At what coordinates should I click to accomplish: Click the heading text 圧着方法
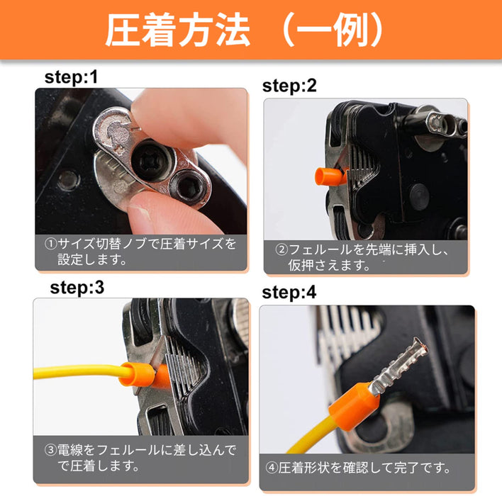178,30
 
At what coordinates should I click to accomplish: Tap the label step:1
71,77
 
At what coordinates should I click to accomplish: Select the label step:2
289,86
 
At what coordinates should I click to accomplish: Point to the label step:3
77,287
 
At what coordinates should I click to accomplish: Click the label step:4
289,292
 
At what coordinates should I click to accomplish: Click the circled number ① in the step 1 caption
50,244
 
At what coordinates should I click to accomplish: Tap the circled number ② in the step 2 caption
281,249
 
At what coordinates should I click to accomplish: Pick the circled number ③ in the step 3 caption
50,450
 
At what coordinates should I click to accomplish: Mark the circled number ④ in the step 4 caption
272,468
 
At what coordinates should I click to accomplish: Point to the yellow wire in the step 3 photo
79,371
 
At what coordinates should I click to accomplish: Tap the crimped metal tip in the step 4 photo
398,366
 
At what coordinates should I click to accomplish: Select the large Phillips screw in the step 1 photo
149,159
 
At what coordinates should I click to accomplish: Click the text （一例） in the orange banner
333,30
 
